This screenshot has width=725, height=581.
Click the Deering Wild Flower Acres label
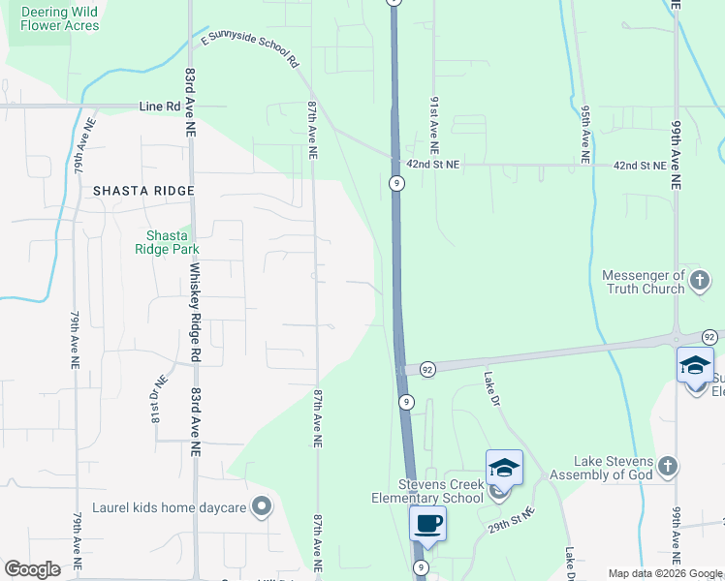59,18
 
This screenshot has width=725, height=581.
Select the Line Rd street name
160,106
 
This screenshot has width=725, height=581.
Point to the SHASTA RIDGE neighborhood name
143,191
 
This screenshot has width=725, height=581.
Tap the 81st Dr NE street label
155,394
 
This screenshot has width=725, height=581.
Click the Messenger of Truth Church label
643,281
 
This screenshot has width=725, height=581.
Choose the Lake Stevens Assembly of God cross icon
667,467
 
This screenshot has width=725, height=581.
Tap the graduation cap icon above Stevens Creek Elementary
503,469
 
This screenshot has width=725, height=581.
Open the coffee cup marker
427,525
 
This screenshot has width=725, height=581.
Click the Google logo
32,569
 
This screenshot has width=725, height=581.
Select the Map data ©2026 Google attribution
665,573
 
